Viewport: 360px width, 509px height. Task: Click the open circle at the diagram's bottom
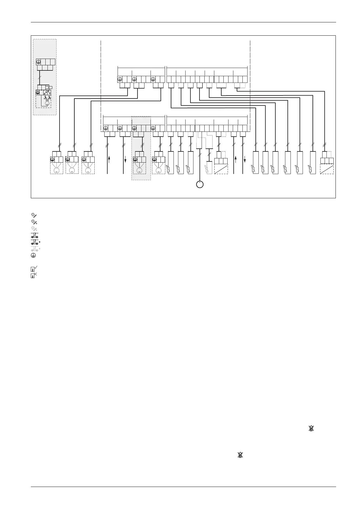click(199, 184)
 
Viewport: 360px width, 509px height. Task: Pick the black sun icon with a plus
click(34, 222)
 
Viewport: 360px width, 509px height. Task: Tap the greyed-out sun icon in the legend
click(34, 229)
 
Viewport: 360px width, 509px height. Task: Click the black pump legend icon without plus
click(34, 236)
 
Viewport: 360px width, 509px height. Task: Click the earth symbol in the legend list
click(34, 255)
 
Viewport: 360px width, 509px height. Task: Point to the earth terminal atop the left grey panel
click(38, 62)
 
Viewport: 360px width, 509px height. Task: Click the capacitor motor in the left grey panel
click(47, 103)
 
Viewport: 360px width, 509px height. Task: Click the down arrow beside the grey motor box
click(125, 159)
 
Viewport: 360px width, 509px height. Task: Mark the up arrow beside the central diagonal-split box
click(235, 159)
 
